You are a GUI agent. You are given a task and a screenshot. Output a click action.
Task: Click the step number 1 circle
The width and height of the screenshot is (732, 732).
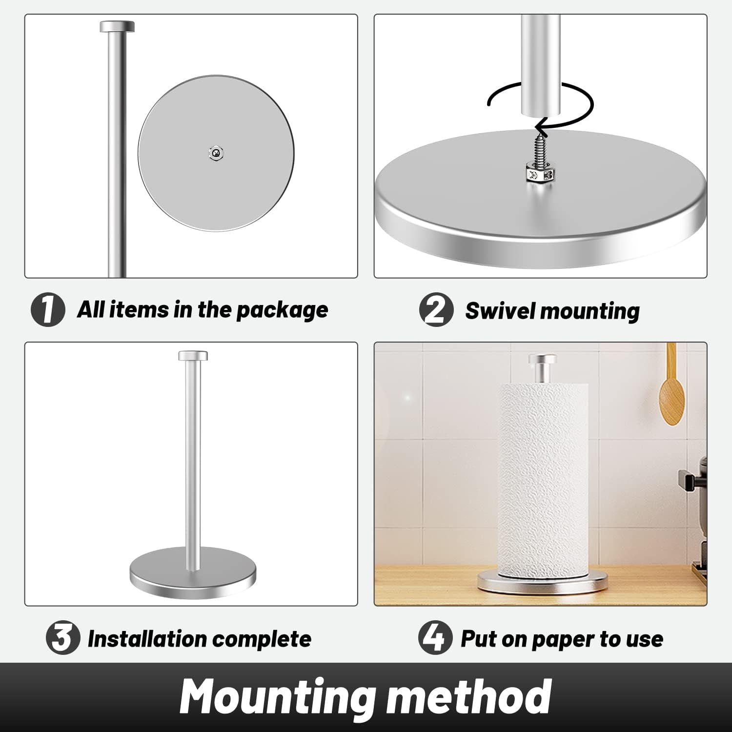point(48,310)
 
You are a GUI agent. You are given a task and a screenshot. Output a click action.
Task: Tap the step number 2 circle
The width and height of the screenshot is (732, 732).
point(436,310)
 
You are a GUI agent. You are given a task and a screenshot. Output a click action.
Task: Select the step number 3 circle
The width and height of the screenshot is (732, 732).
point(63,638)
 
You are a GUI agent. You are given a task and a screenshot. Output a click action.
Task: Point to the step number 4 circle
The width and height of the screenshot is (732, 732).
point(435,637)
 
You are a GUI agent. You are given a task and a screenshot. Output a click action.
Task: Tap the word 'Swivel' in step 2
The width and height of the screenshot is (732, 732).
point(500,311)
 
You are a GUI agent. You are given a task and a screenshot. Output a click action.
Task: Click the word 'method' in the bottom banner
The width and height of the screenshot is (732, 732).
point(468,696)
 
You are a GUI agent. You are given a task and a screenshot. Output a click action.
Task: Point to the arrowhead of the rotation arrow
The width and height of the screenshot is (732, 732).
point(539,128)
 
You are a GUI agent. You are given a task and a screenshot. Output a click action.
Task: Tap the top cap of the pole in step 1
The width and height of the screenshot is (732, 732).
point(117,26)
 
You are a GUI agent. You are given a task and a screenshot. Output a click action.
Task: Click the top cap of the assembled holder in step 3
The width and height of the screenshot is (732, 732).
point(193,356)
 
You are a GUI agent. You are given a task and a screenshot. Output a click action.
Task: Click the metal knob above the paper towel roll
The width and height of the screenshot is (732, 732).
point(542,367)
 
